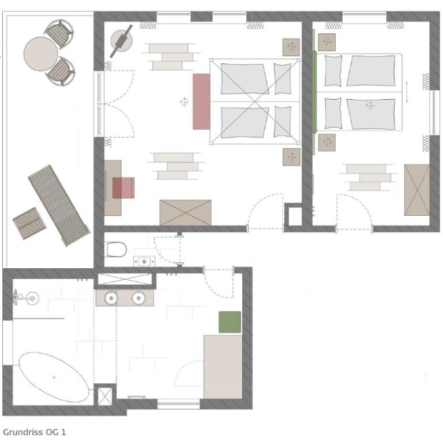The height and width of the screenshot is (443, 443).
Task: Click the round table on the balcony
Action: (41, 54)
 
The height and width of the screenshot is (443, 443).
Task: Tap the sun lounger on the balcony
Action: (59, 205)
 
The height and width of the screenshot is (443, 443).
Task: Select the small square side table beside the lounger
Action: (29, 223)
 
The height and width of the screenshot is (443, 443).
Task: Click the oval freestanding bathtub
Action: (54, 377)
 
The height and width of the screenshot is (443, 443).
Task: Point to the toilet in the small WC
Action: (116, 249)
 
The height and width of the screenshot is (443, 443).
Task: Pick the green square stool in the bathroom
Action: (230, 322)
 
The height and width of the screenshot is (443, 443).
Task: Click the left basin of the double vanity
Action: (111, 298)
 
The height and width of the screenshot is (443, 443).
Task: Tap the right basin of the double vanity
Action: (138, 298)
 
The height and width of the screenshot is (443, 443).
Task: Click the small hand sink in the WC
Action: (144, 261)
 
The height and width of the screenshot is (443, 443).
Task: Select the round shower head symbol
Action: (32, 298)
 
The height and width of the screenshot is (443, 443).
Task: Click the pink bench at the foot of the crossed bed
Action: (201, 102)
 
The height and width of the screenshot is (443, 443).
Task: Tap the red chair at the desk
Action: (123, 187)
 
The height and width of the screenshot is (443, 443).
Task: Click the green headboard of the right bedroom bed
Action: (314, 92)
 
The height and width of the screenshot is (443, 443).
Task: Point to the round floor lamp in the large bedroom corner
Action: (121, 41)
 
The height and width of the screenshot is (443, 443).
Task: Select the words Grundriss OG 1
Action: (35, 432)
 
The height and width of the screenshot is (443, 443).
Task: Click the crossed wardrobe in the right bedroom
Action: (417, 190)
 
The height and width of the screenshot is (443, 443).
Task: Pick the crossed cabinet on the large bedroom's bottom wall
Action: (185, 212)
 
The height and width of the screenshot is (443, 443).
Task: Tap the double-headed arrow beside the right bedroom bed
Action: (407, 92)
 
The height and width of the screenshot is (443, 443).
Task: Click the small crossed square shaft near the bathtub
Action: (105, 396)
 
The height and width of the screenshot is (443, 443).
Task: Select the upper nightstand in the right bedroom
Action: (327, 42)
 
